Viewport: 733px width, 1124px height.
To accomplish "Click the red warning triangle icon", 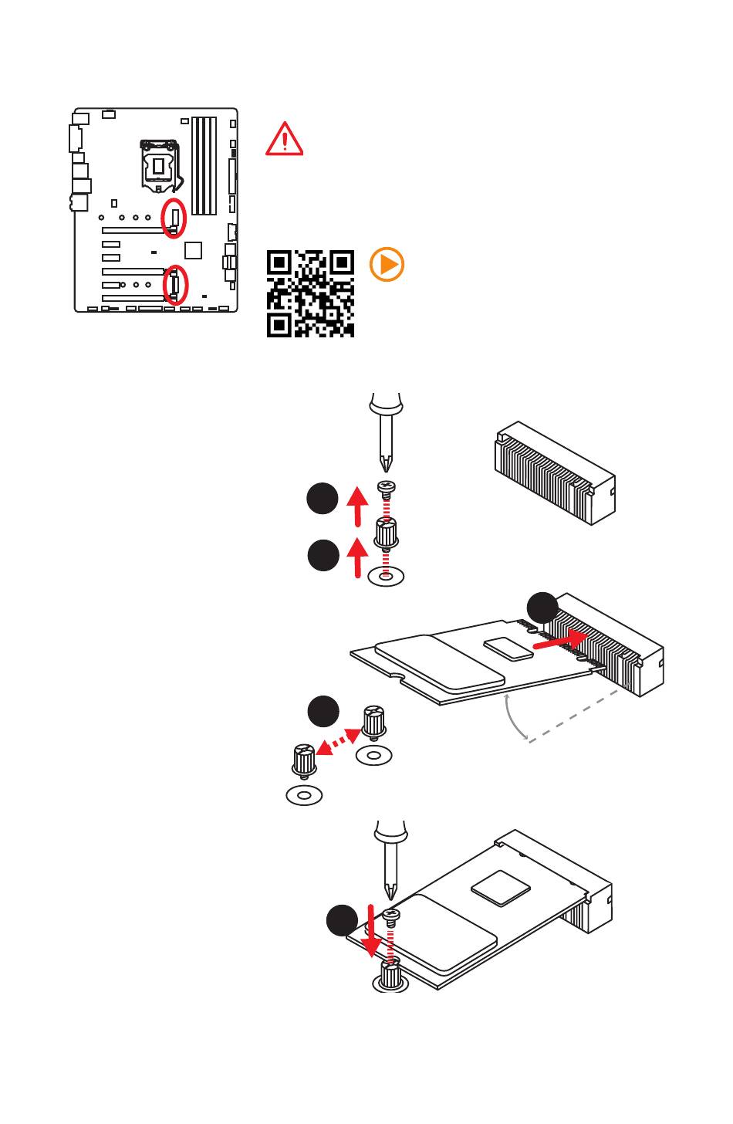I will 284,140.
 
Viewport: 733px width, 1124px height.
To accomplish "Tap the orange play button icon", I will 387,265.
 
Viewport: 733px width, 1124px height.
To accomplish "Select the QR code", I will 310,293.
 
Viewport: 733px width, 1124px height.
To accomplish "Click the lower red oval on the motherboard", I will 176,285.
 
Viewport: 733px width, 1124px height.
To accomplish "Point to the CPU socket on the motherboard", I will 160,164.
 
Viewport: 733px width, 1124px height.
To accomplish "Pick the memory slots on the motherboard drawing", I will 204,166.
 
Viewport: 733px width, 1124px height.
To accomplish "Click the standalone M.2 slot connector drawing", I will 554,472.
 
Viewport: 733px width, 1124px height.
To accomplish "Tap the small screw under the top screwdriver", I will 386,487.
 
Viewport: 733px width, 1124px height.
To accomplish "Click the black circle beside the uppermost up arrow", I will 323,499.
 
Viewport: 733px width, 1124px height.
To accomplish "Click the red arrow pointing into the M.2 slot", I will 561,640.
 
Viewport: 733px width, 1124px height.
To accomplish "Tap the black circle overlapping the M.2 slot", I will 543,608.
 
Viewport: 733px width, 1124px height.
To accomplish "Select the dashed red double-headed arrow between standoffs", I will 339,742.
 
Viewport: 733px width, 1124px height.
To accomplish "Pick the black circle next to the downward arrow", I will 342,921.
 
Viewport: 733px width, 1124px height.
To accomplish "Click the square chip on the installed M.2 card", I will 500,887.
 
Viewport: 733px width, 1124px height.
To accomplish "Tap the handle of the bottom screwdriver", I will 390,831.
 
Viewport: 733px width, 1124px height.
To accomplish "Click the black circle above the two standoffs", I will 323,711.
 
